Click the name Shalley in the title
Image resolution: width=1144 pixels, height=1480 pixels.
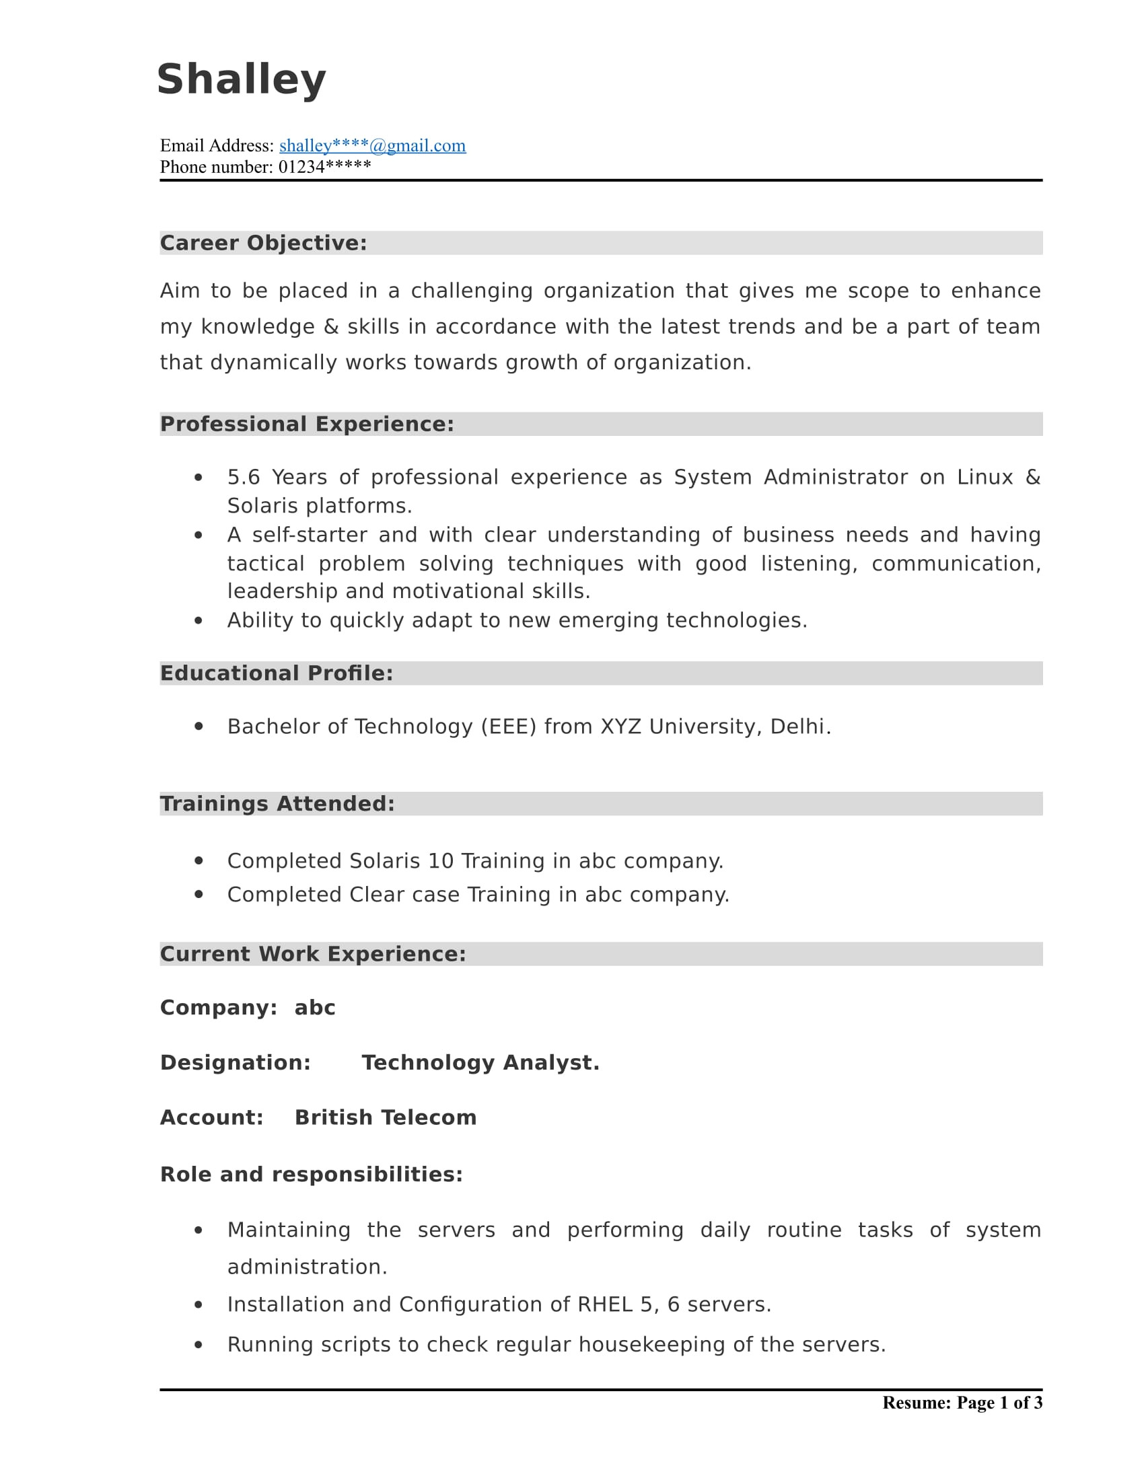(x=242, y=79)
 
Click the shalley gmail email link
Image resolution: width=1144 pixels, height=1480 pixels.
(x=372, y=146)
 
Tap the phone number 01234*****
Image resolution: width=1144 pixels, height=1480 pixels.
(x=324, y=167)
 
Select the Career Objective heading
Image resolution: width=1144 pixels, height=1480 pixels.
(x=263, y=243)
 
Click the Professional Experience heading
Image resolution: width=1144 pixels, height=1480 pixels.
(x=306, y=424)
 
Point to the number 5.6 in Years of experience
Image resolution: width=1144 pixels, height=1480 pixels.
(x=244, y=477)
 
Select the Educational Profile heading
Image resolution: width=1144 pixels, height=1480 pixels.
(x=276, y=673)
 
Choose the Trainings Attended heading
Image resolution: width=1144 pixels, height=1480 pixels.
(x=277, y=803)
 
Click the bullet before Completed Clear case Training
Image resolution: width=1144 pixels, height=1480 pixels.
(x=199, y=895)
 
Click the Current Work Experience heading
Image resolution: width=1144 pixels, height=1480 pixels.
(x=312, y=953)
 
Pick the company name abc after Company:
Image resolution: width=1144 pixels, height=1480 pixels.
(x=314, y=1008)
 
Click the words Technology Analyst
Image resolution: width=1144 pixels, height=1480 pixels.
(x=480, y=1062)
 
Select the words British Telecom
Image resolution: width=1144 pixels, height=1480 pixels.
(x=385, y=1117)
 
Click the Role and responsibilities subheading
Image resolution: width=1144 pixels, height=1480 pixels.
(x=311, y=1175)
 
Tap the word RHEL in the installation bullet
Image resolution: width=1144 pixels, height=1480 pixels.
(x=604, y=1304)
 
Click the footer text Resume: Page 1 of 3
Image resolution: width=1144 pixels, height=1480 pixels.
(x=962, y=1403)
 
